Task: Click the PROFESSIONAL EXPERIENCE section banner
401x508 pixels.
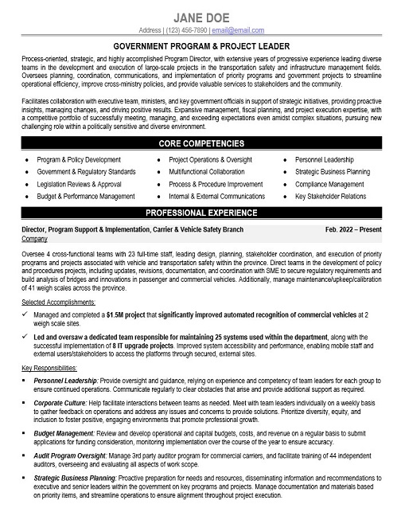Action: coord(200,213)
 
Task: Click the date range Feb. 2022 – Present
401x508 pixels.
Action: coord(354,229)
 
